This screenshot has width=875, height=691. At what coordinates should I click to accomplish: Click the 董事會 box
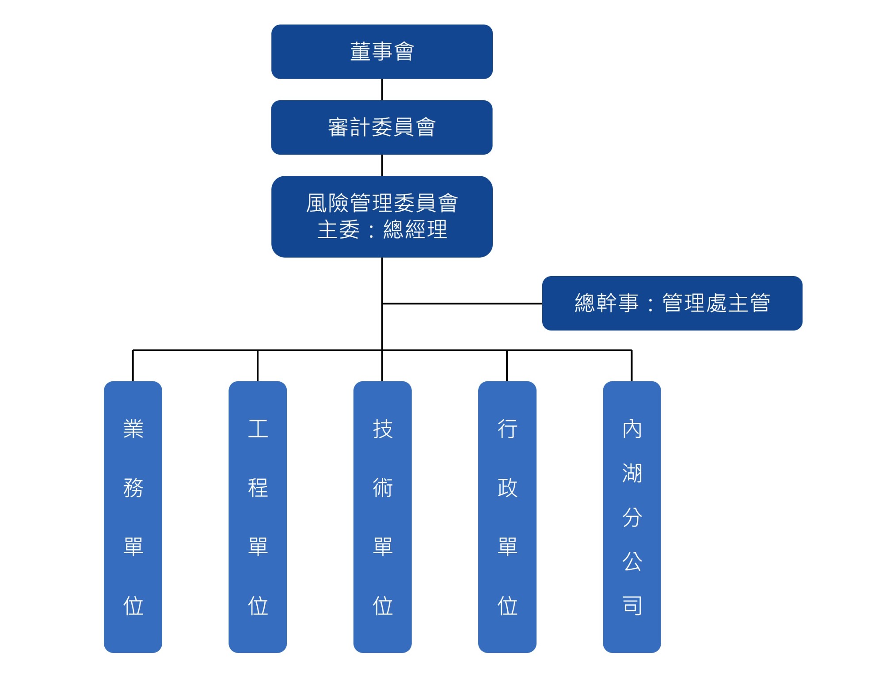[x=382, y=52]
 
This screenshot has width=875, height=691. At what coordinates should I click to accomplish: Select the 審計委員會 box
[x=382, y=127]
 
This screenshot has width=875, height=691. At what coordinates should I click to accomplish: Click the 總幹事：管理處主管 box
[x=672, y=303]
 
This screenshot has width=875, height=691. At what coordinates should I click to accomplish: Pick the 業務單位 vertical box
[x=133, y=516]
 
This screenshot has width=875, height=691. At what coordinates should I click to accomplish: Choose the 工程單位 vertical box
[x=258, y=516]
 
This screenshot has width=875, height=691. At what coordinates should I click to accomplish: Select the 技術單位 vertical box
[x=382, y=516]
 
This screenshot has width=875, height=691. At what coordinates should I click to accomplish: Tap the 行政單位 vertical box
[x=507, y=516]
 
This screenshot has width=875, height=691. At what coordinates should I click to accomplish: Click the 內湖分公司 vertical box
[x=632, y=516]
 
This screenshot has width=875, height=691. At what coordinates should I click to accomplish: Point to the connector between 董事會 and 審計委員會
[x=382, y=90]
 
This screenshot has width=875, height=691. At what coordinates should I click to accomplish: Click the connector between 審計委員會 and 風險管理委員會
[x=382, y=165]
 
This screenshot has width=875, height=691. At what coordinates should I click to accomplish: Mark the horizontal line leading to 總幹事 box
[x=462, y=304]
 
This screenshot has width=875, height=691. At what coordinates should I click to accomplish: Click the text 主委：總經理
[x=382, y=230]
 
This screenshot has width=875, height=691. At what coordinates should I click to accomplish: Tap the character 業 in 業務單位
[x=133, y=429]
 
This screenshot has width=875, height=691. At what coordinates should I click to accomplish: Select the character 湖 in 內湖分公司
[x=632, y=473]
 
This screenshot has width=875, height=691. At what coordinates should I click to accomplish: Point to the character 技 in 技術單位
[x=382, y=429]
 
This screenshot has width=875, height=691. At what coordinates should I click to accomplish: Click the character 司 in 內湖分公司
[x=632, y=605]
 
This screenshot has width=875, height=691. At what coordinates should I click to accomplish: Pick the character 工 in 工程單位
[x=258, y=429]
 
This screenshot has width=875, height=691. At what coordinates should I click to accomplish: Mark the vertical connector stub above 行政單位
[x=507, y=366]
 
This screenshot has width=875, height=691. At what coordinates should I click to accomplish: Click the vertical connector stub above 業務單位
[x=133, y=366]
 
